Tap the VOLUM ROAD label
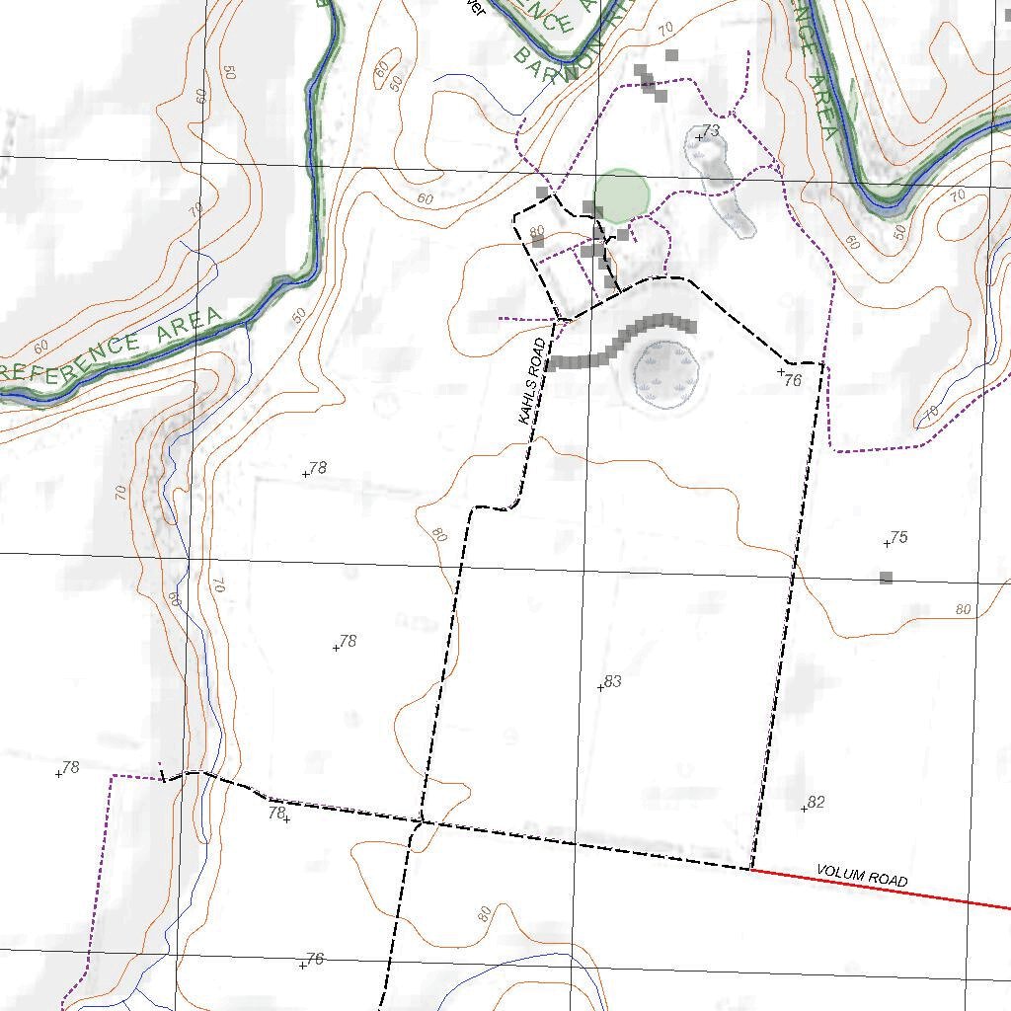click(x=862, y=876)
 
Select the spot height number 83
click(x=613, y=681)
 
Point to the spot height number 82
click(x=816, y=803)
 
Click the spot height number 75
click(x=898, y=538)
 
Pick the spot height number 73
click(x=711, y=131)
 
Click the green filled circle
click(x=622, y=195)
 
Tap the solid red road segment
click(x=879, y=888)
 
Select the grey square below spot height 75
click(x=886, y=578)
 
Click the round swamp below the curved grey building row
click(x=666, y=374)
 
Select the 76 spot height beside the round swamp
click(x=792, y=380)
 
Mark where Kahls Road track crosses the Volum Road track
click(x=422, y=820)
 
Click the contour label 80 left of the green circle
click(x=537, y=233)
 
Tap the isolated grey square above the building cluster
click(x=672, y=55)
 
